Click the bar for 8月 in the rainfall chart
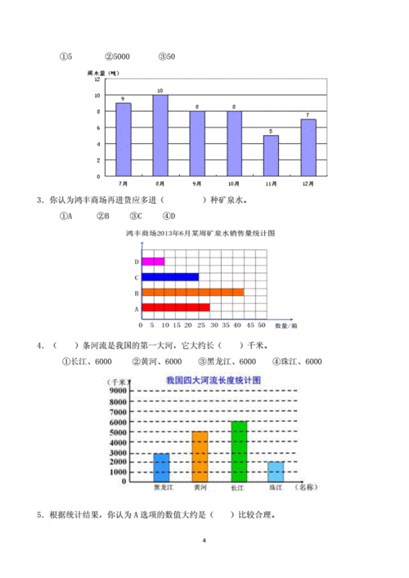click(160, 135)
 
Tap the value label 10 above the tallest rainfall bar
click(160, 90)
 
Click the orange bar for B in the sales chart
click(192, 292)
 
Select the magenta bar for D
click(153, 262)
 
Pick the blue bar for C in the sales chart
click(170, 276)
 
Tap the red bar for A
click(175, 307)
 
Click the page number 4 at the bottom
click(204, 541)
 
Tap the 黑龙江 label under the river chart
click(163, 489)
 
